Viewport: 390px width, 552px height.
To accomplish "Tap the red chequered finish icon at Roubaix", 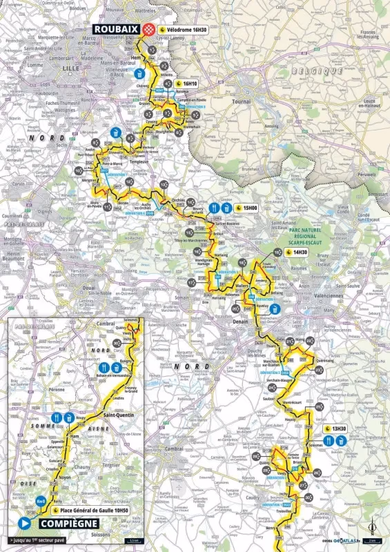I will pos(150,30).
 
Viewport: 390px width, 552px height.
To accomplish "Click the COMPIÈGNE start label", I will pos(66,522).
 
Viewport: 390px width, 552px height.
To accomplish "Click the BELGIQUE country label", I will pos(317,70).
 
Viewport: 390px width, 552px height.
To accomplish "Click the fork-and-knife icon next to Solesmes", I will pos(329,440).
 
